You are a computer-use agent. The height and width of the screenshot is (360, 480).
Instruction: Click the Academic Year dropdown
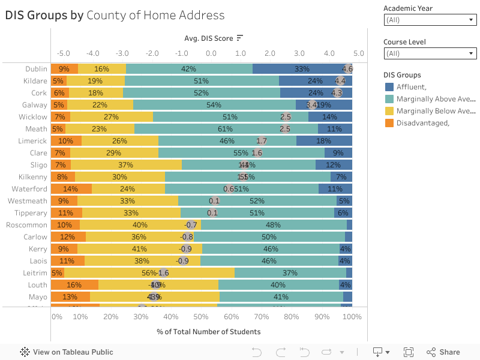(x=430, y=20)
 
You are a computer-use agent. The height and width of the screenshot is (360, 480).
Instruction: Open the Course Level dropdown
(x=430, y=53)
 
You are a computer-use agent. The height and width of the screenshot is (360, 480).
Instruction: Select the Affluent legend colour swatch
(x=389, y=87)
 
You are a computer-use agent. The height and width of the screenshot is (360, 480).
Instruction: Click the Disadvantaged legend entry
(x=422, y=123)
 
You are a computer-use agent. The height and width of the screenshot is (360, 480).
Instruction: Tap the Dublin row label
(x=36, y=69)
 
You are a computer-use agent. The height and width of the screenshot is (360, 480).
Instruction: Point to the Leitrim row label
(x=35, y=273)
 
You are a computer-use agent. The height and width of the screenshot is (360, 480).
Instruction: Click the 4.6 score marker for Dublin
(x=347, y=69)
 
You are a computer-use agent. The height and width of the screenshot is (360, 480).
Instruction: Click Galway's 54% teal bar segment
(x=214, y=105)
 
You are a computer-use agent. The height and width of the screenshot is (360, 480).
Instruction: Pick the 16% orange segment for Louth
(x=74, y=285)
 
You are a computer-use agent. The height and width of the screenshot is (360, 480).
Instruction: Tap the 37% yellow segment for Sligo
(x=126, y=165)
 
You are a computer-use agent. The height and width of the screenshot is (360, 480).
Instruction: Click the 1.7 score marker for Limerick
(x=262, y=141)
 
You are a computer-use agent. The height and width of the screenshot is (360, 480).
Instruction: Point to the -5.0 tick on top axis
(x=63, y=53)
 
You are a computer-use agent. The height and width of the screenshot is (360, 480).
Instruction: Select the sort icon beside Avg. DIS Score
(x=240, y=38)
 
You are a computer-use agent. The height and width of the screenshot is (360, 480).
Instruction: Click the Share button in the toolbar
(x=443, y=352)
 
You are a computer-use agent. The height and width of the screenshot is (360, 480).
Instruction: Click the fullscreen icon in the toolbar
(x=409, y=352)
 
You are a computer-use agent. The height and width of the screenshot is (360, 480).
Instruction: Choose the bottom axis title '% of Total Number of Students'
(x=209, y=332)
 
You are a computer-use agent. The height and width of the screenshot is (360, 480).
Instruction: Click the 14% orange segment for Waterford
(x=71, y=189)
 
